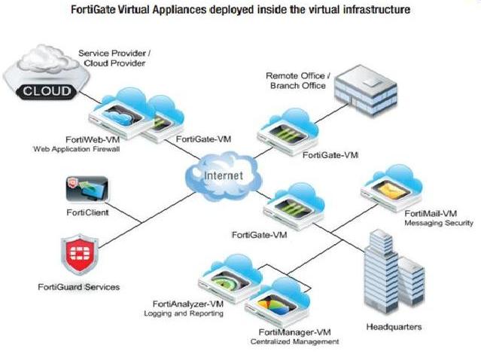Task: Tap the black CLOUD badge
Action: [x=47, y=91]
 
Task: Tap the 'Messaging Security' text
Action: [x=439, y=223]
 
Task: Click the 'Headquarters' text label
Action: [x=394, y=328]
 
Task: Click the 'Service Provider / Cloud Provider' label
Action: [x=114, y=59]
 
